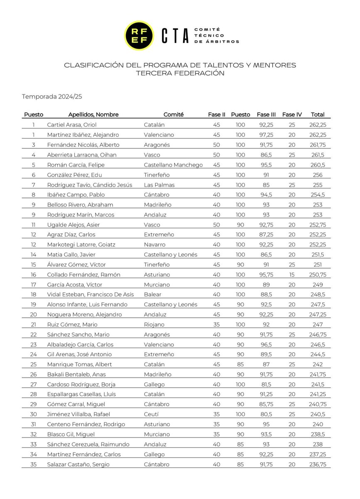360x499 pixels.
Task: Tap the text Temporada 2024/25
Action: pos(52,96)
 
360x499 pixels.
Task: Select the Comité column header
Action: pos(173,115)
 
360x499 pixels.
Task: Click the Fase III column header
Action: pos(266,115)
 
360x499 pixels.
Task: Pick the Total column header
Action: pos(318,115)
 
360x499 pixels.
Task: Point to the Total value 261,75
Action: pos(318,145)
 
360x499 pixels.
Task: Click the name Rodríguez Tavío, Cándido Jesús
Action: pos(89,185)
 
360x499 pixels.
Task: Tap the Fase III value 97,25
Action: pos(266,135)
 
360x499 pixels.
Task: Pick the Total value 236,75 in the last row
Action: pos(318,464)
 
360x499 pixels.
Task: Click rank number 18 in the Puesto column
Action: pos(33,294)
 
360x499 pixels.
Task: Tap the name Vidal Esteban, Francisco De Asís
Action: pos(90,294)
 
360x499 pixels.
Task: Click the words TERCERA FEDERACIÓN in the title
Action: pos(180,73)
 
